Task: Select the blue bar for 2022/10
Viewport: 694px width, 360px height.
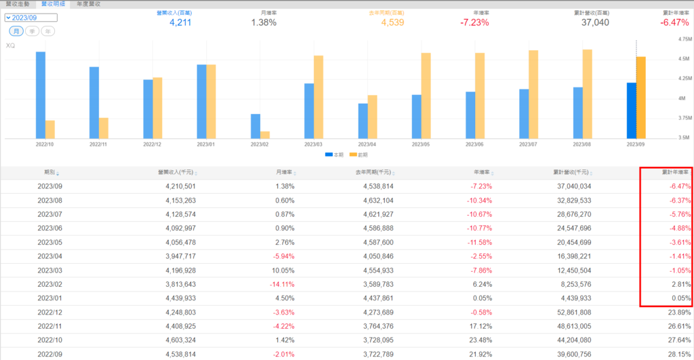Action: [x=41, y=95]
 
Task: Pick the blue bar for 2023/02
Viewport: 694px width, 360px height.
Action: [x=256, y=126]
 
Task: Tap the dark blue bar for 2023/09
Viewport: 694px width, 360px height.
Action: [x=632, y=111]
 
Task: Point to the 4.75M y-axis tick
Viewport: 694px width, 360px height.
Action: [x=683, y=39]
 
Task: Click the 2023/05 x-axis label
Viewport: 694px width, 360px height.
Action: [x=422, y=144]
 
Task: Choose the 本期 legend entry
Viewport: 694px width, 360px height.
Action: [x=334, y=155]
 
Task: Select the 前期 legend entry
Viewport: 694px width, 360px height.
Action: [x=360, y=155]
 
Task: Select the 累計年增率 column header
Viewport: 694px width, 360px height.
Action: [x=675, y=173]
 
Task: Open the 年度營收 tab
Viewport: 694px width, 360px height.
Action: [x=88, y=4]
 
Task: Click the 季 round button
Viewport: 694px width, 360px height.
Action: [x=31, y=31]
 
